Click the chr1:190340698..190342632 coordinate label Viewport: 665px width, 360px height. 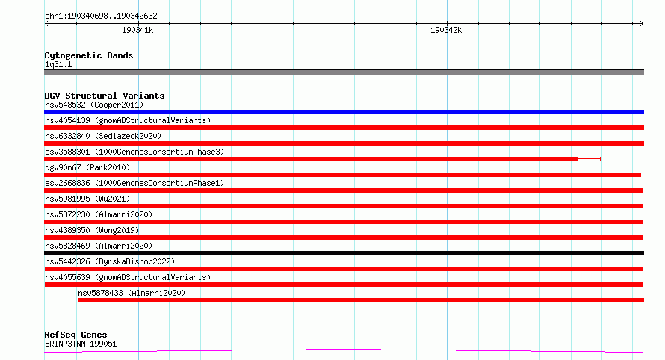[101, 16]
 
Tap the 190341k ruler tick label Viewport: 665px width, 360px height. [137, 30]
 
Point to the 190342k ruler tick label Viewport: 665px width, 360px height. [446, 30]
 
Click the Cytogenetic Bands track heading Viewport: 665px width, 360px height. [89, 55]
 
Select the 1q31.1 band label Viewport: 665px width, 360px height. [58, 64]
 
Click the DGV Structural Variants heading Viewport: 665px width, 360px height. [105, 96]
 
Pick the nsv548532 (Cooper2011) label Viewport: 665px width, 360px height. [94, 105]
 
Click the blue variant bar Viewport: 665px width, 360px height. [344, 112]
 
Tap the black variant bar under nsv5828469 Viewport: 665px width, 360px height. [344, 253]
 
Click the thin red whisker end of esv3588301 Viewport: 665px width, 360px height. [601, 159]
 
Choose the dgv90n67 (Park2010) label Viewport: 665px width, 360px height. [87, 167]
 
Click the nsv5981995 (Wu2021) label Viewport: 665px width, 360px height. [87, 199]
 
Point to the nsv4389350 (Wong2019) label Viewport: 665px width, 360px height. [92, 230]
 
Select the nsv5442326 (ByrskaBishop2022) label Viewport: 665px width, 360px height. [110, 261]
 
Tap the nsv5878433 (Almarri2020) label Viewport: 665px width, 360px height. [132, 293]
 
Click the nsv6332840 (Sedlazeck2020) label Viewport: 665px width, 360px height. [103, 136]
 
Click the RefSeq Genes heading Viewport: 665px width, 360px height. [75, 335]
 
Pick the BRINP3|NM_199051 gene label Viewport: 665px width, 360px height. [81, 344]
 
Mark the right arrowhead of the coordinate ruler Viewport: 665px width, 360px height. [643, 24]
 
